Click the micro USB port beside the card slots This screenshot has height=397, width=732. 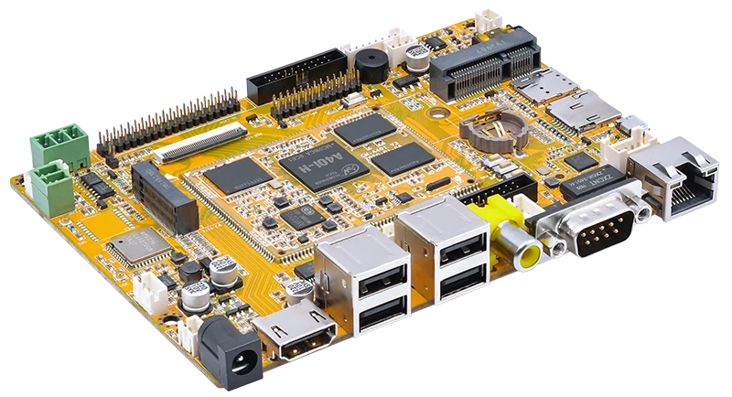click(x=630, y=123)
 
